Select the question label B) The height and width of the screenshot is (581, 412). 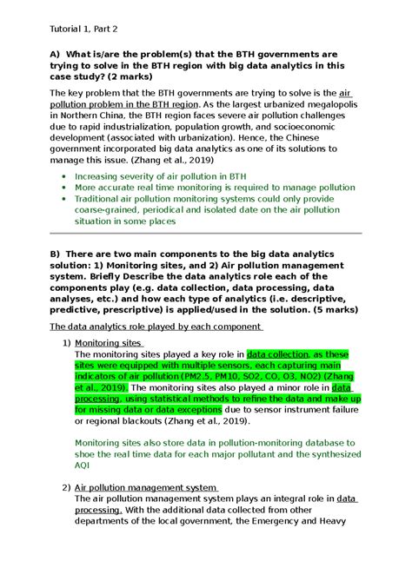[57, 251]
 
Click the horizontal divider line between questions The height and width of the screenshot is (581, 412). [205, 234]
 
